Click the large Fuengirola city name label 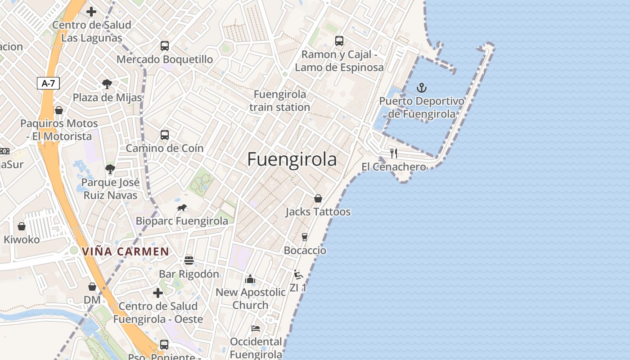point(292,159)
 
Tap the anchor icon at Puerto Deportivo point(422,88)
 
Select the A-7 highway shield point(48,83)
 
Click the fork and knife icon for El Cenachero point(394,153)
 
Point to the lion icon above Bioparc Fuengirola point(182,208)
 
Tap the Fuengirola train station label point(279,101)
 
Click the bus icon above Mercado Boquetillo point(165,45)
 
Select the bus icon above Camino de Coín point(165,135)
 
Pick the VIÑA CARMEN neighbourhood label point(125,252)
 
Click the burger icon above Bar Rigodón point(189,261)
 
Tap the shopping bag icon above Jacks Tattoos point(318,198)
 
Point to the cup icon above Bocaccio point(305,237)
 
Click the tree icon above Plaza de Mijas point(107,84)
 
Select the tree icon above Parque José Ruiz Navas point(110,169)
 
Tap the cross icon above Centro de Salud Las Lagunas point(91,12)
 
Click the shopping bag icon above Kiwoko point(22,226)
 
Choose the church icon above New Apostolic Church point(250,279)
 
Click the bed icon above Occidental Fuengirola point(256,328)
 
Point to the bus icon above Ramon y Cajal point(339,41)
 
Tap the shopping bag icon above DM point(92,287)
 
